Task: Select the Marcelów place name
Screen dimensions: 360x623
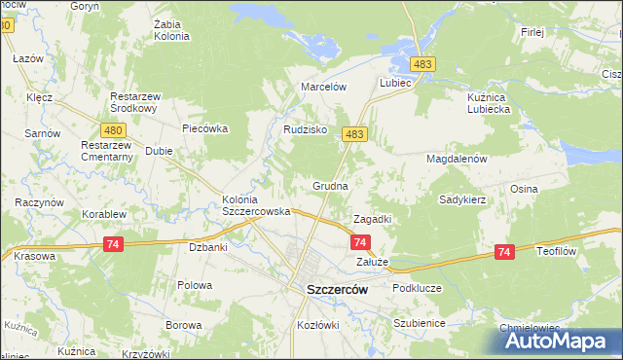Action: pos(324,86)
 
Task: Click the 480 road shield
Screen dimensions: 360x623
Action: pos(112,130)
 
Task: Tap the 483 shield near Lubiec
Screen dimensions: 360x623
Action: pos(421,63)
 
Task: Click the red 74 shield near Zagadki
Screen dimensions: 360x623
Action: pos(360,241)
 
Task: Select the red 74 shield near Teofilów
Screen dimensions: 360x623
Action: pos(503,252)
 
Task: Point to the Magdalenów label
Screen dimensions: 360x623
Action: pos(457,158)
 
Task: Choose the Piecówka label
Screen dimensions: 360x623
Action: pos(204,127)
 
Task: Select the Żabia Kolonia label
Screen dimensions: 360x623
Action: pos(171,30)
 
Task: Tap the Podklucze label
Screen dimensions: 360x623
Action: pos(417,289)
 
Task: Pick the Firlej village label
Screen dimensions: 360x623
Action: pos(531,32)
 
